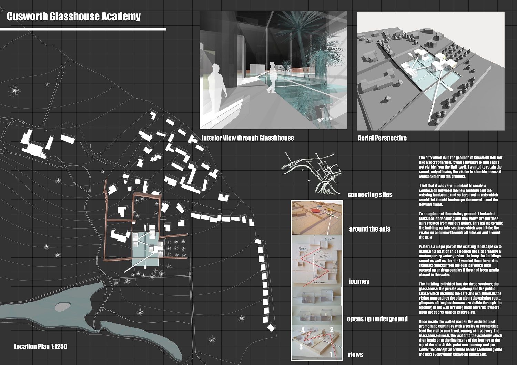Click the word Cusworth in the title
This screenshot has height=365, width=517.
click(x=27, y=17)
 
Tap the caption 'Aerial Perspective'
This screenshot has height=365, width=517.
click(x=382, y=138)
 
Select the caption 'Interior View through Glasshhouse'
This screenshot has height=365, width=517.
click(x=247, y=138)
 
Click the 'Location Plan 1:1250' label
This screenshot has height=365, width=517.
click(x=40, y=347)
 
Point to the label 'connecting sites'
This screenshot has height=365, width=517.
click(x=370, y=195)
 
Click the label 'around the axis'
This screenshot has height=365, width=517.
click(x=369, y=229)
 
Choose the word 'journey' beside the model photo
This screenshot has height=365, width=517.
click(x=359, y=282)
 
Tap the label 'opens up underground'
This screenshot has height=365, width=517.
click(x=377, y=319)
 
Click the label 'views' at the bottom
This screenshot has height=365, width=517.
click(x=355, y=355)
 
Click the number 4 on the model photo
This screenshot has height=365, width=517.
click(x=303, y=330)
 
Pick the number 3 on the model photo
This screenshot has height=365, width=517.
click(x=301, y=347)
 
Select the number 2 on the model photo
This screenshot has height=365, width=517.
click(x=331, y=330)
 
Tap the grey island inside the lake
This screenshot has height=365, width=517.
click(x=62, y=306)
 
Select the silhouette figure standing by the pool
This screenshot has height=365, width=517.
click(x=273, y=77)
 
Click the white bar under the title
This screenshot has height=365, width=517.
click(x=83, y=29)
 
